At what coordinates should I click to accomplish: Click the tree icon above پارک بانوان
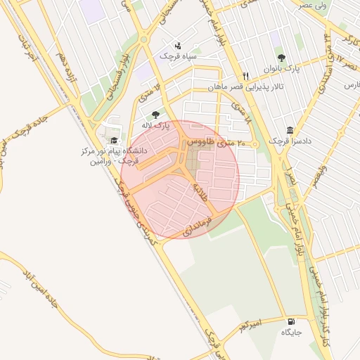click(282, 58)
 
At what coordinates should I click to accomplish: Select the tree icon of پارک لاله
click(155, 115)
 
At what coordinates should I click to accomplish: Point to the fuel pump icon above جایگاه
click(290, 320)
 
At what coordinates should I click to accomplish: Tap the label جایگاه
click(290, 331)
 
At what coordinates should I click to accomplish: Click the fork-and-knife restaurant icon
click(245, 76)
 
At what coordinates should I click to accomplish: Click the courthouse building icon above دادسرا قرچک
click(290, 130)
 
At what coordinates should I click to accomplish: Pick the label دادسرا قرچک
click(290, 141)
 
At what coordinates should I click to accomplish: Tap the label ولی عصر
click(313, 6)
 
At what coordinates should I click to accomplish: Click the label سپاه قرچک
click(179, 54)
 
